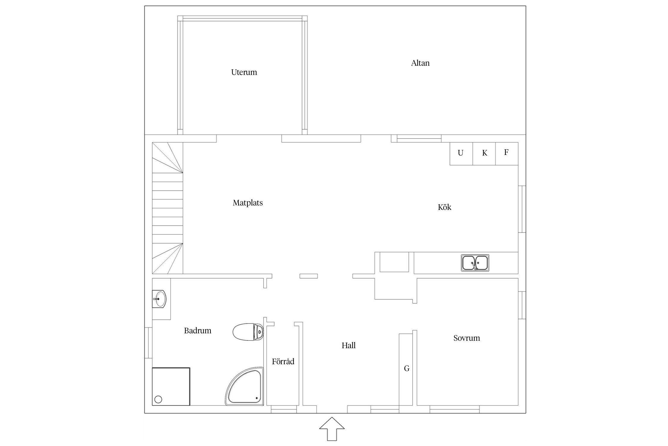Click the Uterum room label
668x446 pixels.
point(244,72)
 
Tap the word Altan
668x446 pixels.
point(420,63)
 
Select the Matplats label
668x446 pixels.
point(248,203)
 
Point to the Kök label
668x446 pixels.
point(444,207)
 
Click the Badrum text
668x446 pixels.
point(197,331)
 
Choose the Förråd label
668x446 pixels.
point(283,361)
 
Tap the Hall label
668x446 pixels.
point(349,345)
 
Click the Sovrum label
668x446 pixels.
point(466,338)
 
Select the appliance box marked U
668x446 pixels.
point(461,154)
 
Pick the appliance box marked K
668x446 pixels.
point(484,154)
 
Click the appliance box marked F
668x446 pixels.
point(507,154)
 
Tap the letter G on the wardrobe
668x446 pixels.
point(407,369)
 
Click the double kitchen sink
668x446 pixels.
point(475,263)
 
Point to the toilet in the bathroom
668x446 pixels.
point(248,332)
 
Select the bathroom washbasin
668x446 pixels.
point(159,299)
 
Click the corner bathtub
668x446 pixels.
point(244,386)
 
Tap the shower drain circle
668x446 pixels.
point(158,399)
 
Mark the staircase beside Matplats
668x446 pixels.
point(167,208)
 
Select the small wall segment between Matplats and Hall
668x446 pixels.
point(308,276)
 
